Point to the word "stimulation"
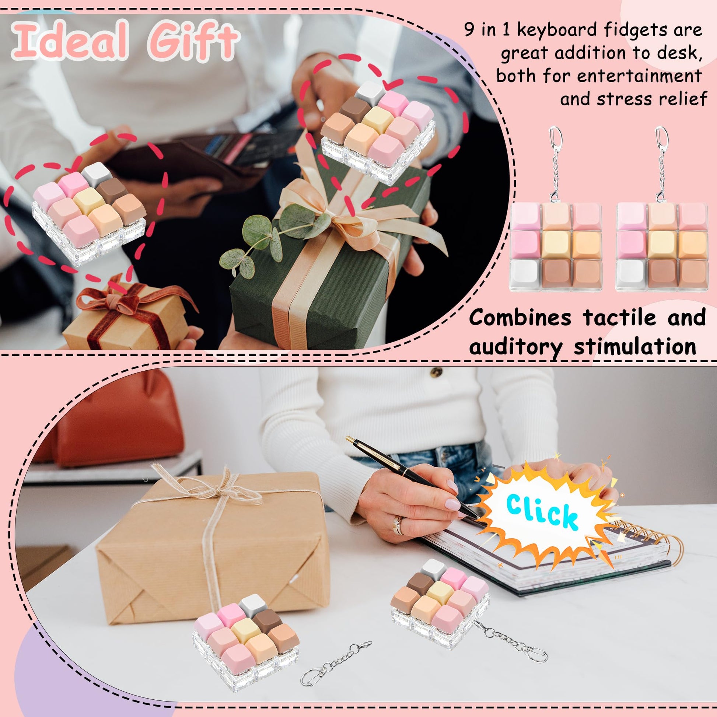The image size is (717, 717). pyautogui.click(x=634, y=347)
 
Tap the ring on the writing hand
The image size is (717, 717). pyautogui.click(x=398, y=525)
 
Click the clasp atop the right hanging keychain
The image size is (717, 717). pyautogui.click(x=661, y=137)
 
